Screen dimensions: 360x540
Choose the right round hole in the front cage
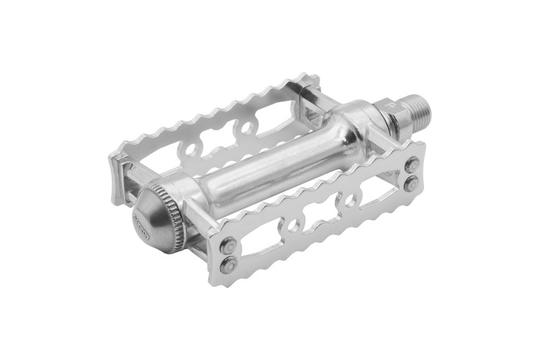(351, 199)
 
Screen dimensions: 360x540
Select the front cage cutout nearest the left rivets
(261, 237)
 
